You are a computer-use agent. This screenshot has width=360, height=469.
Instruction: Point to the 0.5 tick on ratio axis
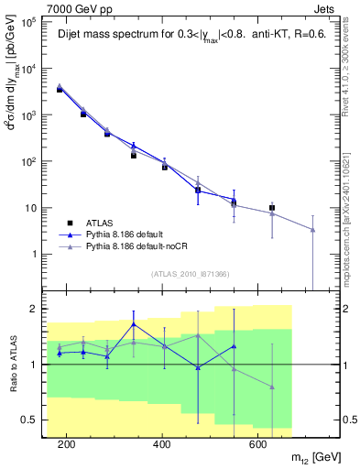click(27, 420)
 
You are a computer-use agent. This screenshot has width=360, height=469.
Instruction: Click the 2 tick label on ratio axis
click(31, 309)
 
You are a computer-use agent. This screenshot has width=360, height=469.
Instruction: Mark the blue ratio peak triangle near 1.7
click(134, 324)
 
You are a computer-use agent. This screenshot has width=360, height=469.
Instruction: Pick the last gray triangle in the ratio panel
click(272, 387)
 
